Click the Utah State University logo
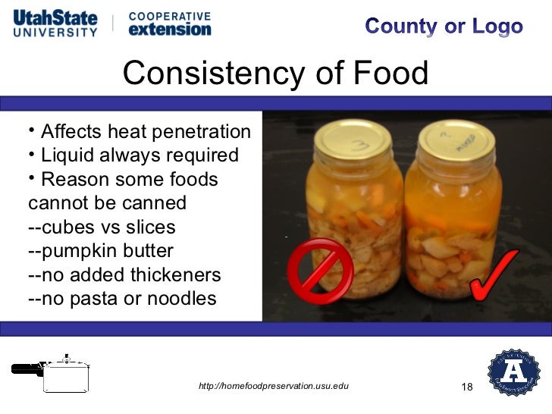coord(55,23)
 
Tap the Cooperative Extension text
coord(170,23)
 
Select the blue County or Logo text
coord(444,27)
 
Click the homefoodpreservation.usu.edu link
coord(273,387)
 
